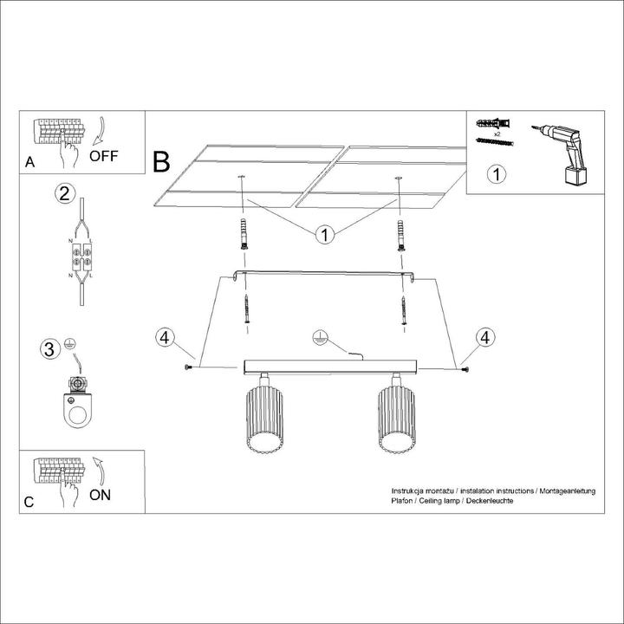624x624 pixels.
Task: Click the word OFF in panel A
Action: coord(104,157)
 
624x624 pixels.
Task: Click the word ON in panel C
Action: coord(101,496)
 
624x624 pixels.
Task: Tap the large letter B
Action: coord(162,161)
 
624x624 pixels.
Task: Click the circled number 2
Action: coord(62,192)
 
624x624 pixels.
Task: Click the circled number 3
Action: coord(52,349)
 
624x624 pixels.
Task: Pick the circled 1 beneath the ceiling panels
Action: coord(324,234)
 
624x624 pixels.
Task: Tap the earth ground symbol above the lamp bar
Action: coord(318,337)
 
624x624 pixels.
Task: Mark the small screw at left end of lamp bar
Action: coord(188,369)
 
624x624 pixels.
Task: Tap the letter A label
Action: coord(29,161)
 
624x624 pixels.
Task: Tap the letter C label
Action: coord(29,502)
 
